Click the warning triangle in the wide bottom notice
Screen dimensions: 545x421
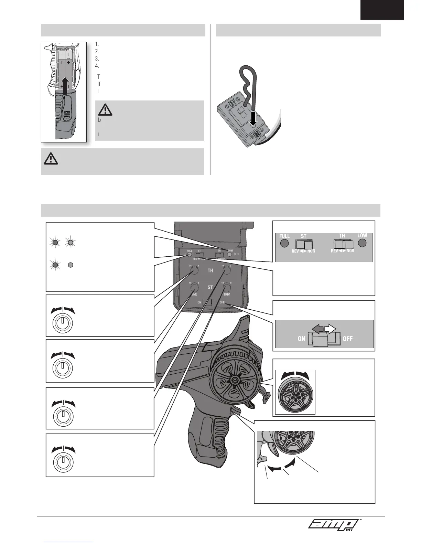(51, 159)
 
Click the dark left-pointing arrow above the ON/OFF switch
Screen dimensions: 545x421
(317, 329)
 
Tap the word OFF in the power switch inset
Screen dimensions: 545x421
(348, 339)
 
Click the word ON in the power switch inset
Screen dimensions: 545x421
(302, 339)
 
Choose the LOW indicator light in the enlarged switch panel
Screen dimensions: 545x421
(362, 243)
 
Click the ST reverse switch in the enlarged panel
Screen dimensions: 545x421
(304, 244)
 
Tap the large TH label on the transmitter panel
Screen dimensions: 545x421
(210, 271)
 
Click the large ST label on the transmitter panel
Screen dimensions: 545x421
(210, 287)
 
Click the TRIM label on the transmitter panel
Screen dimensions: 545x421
(226, 295)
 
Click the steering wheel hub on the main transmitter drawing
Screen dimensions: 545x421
(235, 379)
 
